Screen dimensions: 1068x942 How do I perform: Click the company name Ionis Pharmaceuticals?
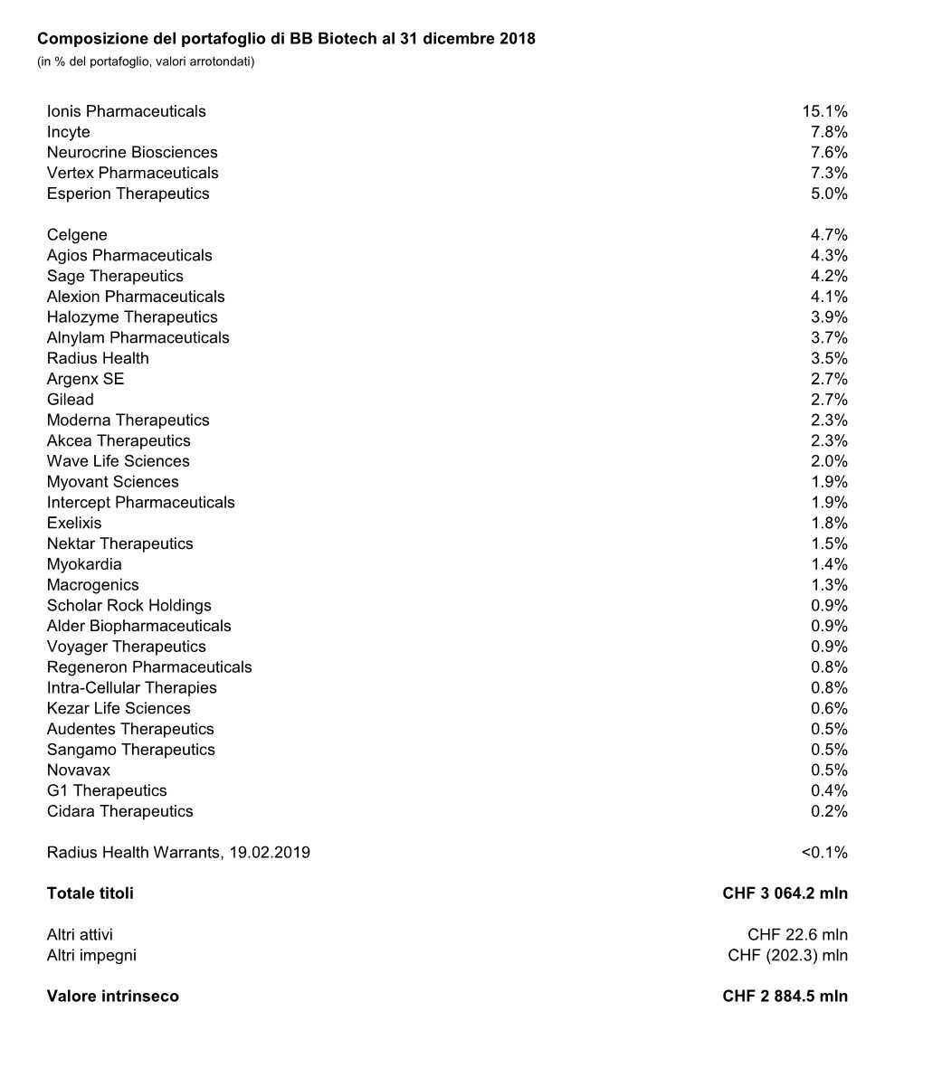126,111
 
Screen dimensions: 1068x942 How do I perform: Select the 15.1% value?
824,111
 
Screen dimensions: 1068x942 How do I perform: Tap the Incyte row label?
69,132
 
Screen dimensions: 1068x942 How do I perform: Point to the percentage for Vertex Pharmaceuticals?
829,173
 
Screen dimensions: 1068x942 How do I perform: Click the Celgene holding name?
77,235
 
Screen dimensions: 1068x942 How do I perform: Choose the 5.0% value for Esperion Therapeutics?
829,194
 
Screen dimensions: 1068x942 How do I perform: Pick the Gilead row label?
71,400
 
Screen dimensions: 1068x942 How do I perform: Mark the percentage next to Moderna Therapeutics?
829,421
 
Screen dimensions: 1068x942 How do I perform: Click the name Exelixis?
74,523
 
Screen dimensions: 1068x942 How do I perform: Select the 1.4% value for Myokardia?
829,564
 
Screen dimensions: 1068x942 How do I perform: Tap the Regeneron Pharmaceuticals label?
149,667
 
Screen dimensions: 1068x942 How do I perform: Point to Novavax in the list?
79,770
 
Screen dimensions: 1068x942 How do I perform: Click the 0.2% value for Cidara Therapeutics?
829,811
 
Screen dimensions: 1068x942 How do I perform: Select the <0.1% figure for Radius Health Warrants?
824,853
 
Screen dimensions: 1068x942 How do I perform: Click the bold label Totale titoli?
90,893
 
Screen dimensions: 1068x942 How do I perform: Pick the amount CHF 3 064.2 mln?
785,893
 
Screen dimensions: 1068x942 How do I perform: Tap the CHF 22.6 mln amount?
797,935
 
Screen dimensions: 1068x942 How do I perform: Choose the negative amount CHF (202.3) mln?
787,955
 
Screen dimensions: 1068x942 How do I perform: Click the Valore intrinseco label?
113,997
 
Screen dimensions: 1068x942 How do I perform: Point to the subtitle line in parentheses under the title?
146,61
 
